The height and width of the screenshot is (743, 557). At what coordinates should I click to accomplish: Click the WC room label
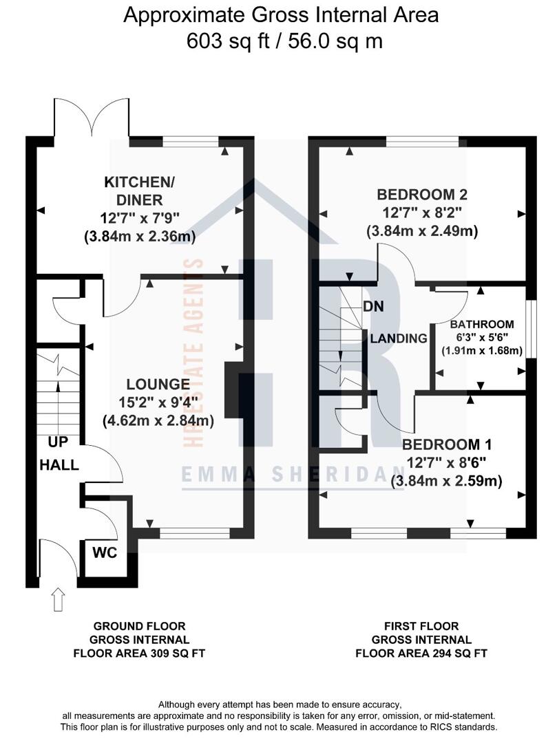[105, 552]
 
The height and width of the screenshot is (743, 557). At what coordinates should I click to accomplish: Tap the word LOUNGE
[158, 385]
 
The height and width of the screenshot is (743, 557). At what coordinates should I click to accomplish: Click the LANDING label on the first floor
[399, 338]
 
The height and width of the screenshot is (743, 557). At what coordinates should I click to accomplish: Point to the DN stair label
[374, 307]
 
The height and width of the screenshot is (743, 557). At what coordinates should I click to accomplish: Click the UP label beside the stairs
[58, 442]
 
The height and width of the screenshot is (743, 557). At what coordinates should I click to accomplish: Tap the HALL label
[59, 465]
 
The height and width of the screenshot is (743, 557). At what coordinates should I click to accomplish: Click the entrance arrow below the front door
[58, 599]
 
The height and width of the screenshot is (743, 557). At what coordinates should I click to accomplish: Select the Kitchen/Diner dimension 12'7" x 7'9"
[140, 219]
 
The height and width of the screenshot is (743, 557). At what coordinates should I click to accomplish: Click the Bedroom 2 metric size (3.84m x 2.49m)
[422, 231]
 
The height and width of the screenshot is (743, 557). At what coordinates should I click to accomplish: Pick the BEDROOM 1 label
[447, 444]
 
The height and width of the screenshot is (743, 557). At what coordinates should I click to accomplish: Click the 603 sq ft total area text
[228, 41]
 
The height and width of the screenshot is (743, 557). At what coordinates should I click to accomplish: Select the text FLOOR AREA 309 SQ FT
[139, 654]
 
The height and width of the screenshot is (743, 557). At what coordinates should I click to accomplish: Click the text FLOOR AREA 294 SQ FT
[421, 654]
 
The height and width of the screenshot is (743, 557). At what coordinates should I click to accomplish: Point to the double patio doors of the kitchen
[92, 118]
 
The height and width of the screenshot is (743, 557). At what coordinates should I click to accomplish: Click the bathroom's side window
[532, 328]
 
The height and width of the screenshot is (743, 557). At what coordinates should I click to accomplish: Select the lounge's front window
[195, 534]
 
